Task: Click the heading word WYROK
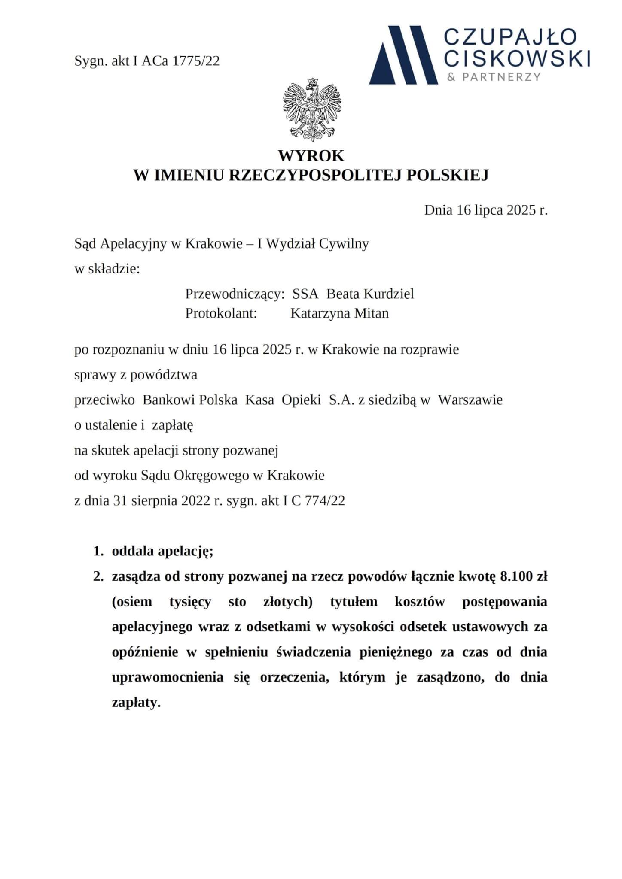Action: click(x=311, y=155)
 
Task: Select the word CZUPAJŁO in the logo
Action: click(x=510, y=37)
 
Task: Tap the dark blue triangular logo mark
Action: click(x=402, y=55)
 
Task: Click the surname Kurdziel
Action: click(x=389, y=294)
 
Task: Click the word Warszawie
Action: click(x=470, y=400)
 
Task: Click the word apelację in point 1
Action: click(x=186, y=552)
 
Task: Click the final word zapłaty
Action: click(x=136, y=703)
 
